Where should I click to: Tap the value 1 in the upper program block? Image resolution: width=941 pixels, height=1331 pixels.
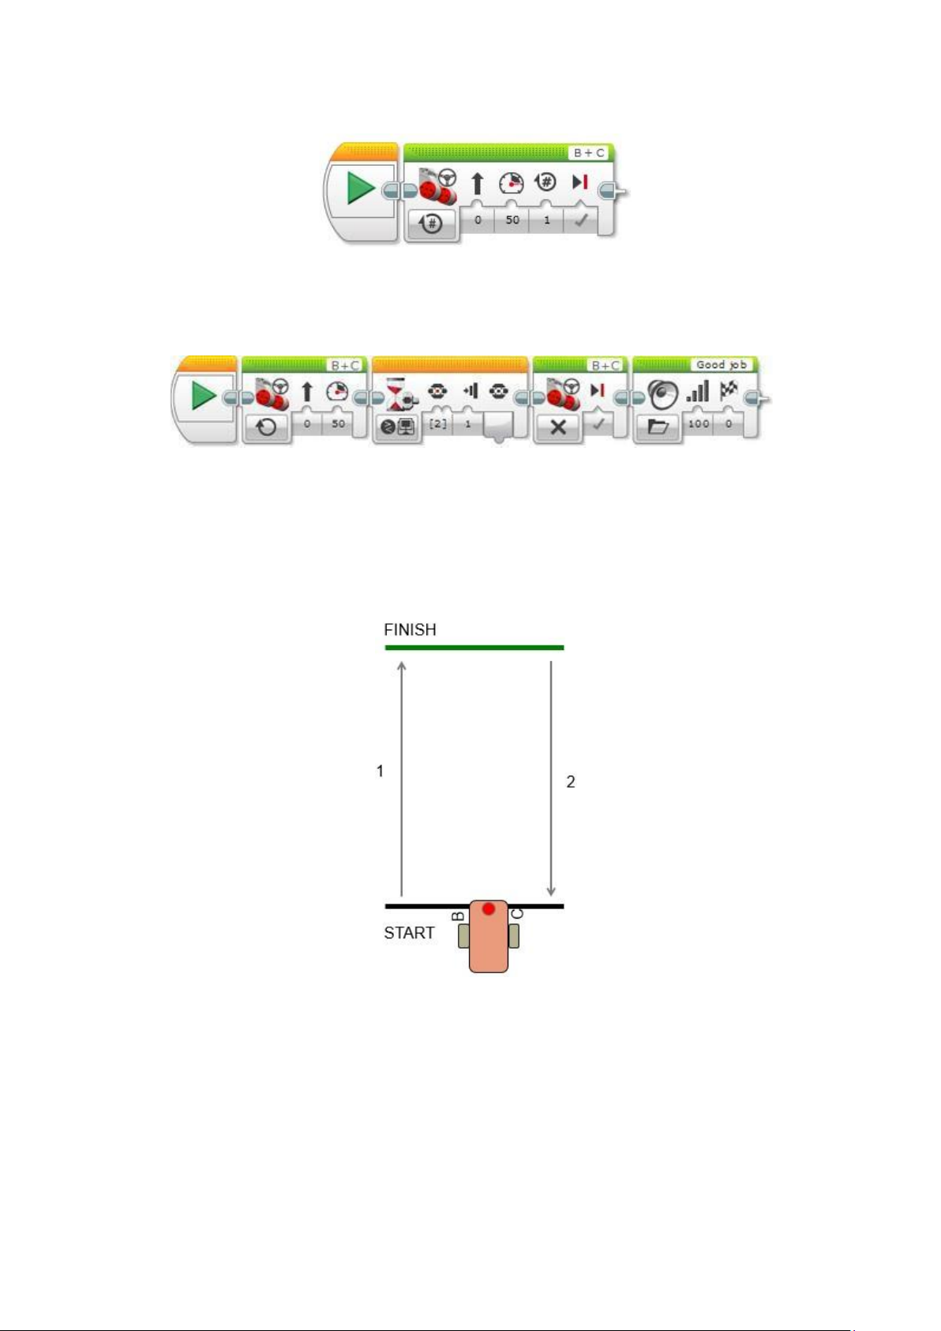(547, 220)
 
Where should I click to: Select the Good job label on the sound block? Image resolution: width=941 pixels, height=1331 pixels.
(722, 365)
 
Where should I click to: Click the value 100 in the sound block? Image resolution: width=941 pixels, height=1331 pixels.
(699, 423)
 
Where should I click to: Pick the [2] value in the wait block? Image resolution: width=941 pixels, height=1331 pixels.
(437, 423)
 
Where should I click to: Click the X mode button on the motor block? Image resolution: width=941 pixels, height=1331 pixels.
(558, 426)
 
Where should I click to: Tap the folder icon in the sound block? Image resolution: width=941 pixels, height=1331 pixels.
(658, 426)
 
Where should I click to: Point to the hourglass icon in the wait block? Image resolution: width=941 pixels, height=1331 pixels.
(395, 393)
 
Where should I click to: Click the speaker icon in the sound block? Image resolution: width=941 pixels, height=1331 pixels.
(662, 394)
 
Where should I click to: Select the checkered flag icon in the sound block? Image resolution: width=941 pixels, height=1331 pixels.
(729, 389)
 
